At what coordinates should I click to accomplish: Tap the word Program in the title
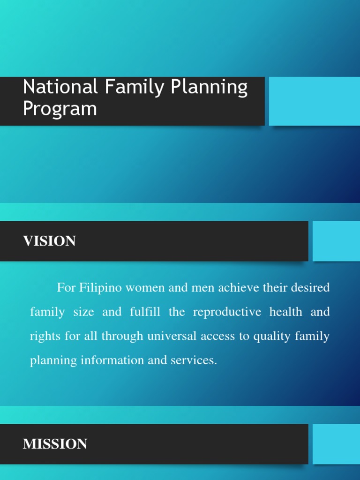point(60,109)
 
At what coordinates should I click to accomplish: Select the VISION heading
point(49,241)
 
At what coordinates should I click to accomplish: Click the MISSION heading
point(55,444)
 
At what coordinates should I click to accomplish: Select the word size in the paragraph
point(84,312)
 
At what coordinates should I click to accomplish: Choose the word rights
point(43,337)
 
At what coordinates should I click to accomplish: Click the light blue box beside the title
point(314,101)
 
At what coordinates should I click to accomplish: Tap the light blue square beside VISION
point(336,241)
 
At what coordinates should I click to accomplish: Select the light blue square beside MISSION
point(336,444)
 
